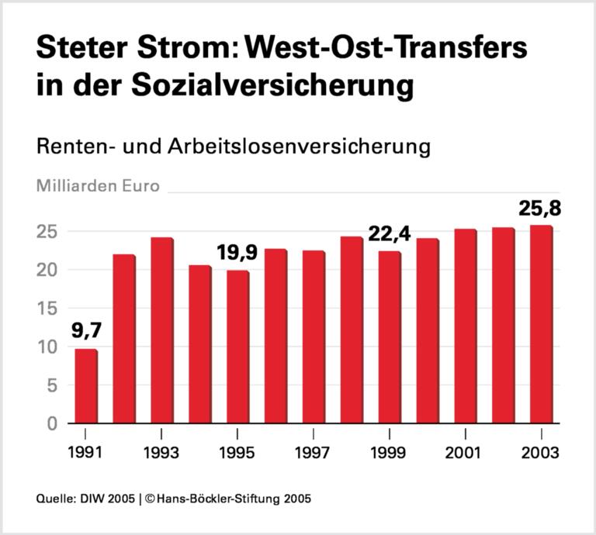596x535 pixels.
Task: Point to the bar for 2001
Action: point(465,326)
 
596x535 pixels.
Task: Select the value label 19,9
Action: point(237,254)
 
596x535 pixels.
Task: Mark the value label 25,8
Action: point(541,209)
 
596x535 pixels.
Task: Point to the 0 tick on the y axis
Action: point(53,423)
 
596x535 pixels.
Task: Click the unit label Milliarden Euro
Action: point(98,186)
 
